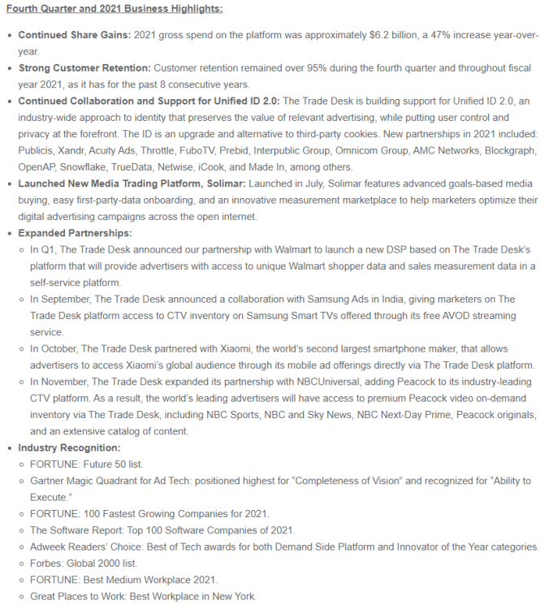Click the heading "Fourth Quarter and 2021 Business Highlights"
click(x=114, y=9)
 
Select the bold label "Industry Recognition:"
click(x=70, y=447)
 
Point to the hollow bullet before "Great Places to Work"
click(x=22, y=597)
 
